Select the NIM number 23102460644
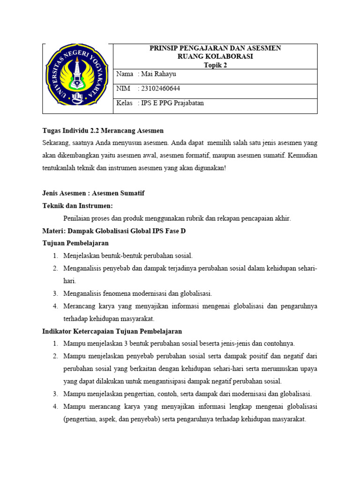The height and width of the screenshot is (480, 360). [160, 89]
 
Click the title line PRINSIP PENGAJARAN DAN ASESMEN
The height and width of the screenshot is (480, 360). [215, 48]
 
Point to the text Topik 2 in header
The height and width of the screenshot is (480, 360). [215, 65]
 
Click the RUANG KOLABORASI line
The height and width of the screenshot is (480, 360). [215, 57]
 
